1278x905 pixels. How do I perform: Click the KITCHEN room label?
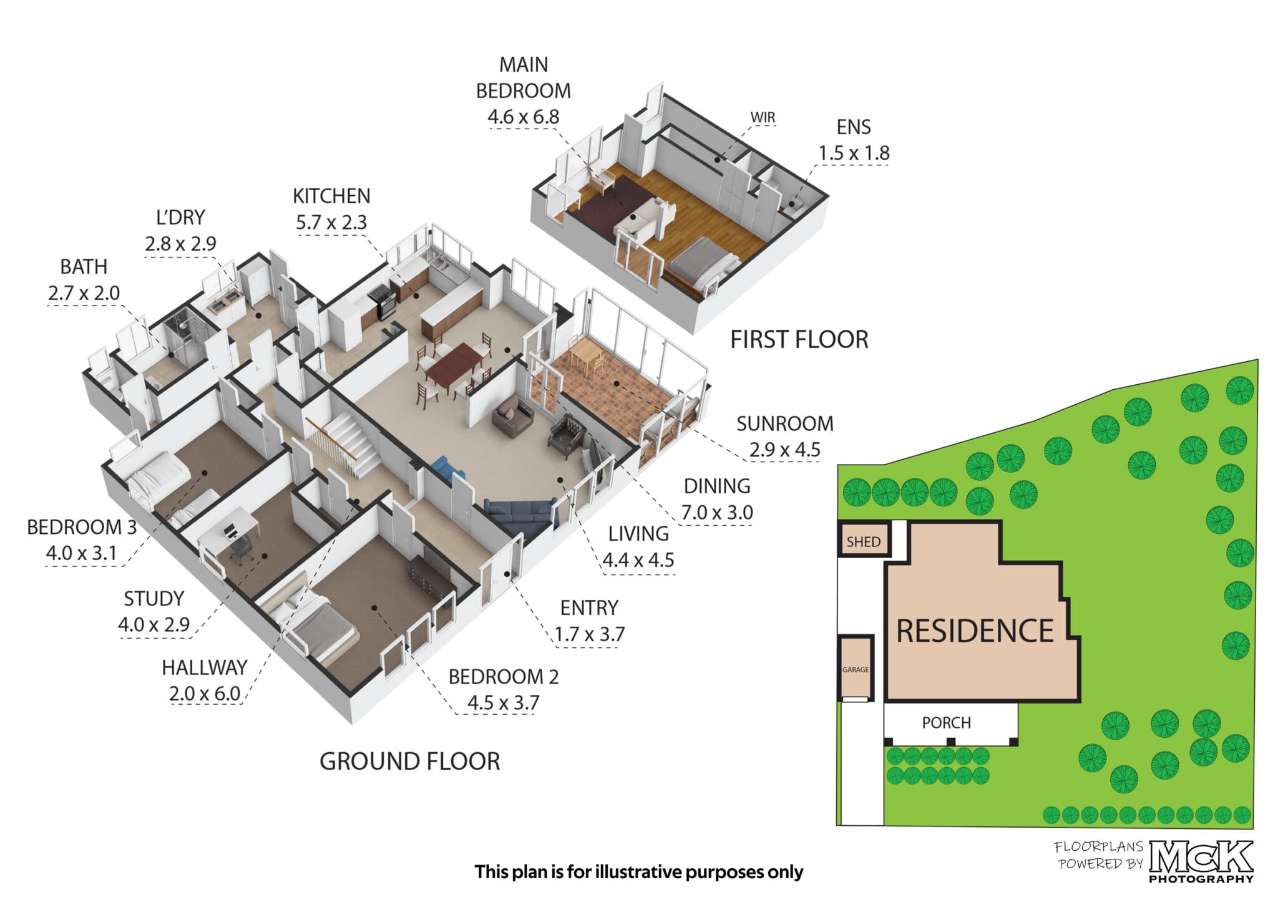(331, 196)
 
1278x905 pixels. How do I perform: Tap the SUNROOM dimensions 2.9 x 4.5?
(784, 450)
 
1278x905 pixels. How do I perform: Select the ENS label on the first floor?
(854, 127)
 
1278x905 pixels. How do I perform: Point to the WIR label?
(763, 117)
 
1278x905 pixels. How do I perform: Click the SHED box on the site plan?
(863, 540)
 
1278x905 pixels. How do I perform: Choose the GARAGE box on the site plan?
(855, 667)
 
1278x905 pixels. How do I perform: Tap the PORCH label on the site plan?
(946, 723)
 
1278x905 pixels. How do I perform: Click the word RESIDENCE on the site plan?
(975, 631)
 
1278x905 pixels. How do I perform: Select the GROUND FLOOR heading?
(409, 762)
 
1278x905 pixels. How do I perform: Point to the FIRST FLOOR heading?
(799, 340)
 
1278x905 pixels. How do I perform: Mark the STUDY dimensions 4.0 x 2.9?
(154, 625)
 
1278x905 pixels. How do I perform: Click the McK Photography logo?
(1201, 861)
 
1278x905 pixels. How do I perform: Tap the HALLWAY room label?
(204, 667)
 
